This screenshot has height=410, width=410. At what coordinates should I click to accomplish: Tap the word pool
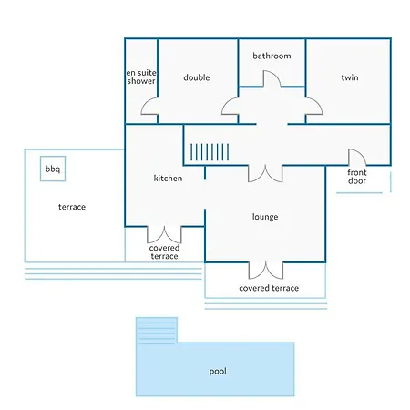[x=218, y=372]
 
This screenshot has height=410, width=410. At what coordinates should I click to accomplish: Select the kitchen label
[x=168, y=178]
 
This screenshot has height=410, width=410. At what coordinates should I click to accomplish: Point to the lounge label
[x=265, y=217]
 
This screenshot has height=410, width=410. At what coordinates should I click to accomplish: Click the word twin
[x=350, y=77]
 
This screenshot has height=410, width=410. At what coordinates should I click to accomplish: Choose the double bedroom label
[x=197, y=77]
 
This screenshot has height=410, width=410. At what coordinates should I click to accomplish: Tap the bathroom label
[x=272, y=56]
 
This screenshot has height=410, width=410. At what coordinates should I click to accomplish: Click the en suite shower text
[x=141, y=77]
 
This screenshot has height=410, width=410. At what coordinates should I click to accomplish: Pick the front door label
[x=357, y=177]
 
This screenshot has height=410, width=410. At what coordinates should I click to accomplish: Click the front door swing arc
[x=362, y=152]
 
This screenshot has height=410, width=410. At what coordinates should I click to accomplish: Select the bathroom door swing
[x=276, y=75]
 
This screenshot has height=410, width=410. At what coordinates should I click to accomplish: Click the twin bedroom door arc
[x=318, y=103]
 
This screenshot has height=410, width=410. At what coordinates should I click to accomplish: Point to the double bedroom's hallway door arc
[x=225, y=103]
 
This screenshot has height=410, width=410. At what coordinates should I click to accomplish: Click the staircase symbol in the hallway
[x=210, y=152]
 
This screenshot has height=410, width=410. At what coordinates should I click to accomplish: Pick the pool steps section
[x=157, y=331]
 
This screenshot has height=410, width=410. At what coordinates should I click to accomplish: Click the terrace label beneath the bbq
[x=72, y=207]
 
